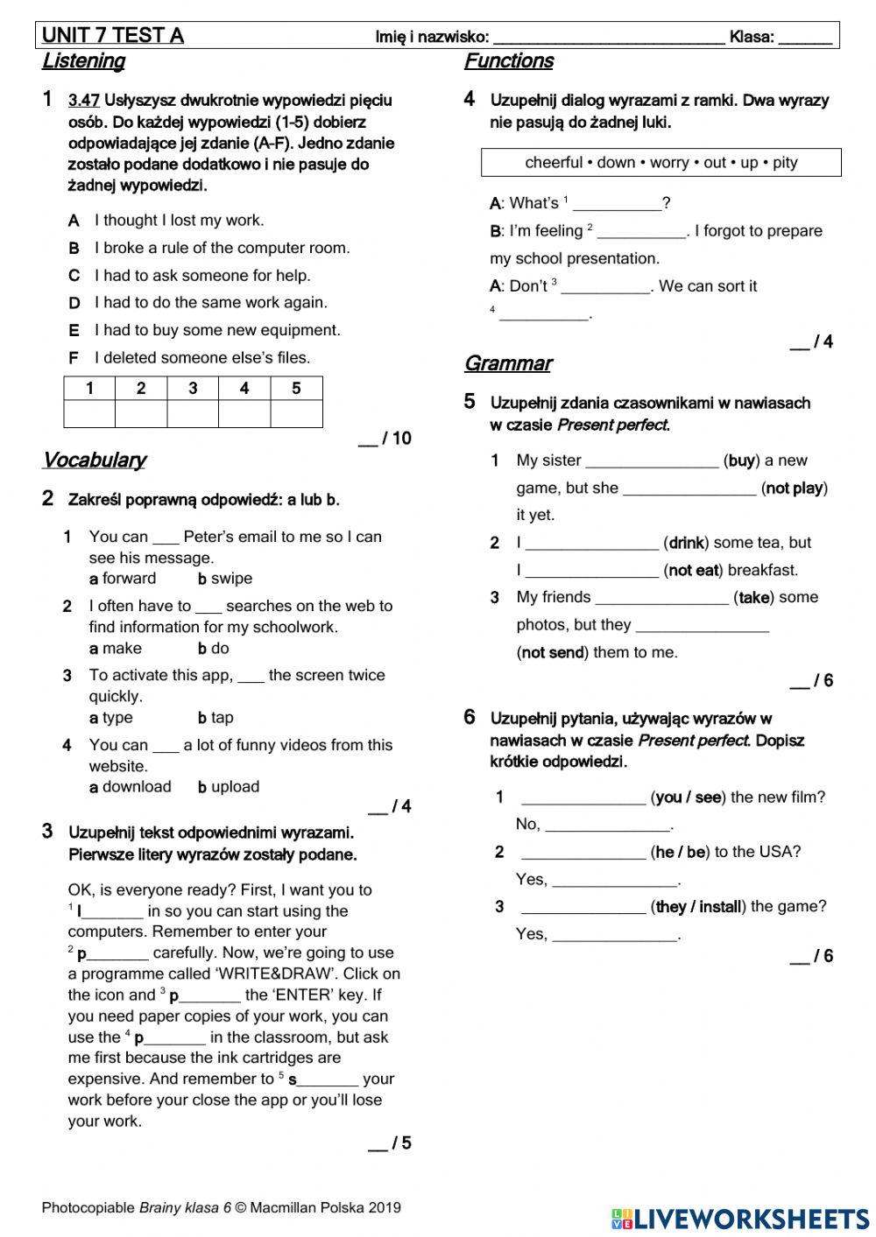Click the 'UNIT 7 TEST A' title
click(113, 36)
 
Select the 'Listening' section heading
click(83, 61)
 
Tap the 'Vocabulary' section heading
click(94, 460)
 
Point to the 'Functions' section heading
click(508, 61)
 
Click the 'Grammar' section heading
click(507, 363)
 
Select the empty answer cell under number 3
click(193, 413)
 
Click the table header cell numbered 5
click(296, 389)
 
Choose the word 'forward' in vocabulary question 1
click(129, 579)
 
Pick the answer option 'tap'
click(222, 718)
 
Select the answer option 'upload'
click(235, 787)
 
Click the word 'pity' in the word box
click(785, 163)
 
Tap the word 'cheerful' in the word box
click(554, 163)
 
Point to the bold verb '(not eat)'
click(693, 571)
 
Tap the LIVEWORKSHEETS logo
click(740, 1218)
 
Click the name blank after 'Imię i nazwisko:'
click(609, 38)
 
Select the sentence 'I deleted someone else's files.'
click(202, 358)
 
